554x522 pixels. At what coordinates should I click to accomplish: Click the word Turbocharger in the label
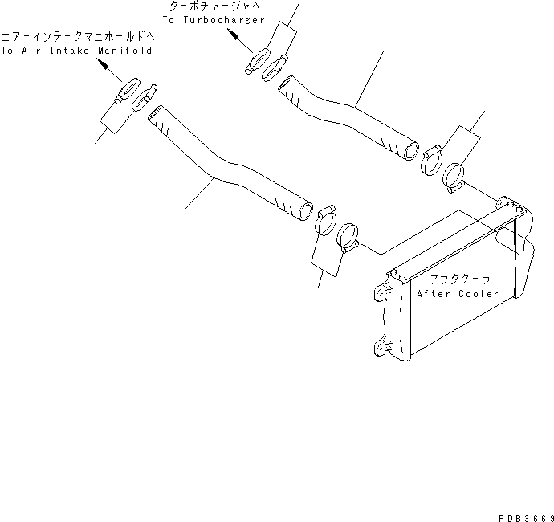tap(225, 20)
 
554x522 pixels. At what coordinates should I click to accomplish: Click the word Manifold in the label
tap(124, 50)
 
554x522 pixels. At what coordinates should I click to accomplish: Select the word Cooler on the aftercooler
tap(479, 294)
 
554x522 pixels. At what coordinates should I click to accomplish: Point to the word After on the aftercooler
tap(434, 294)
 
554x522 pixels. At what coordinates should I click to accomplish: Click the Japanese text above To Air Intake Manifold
tap(78, 37)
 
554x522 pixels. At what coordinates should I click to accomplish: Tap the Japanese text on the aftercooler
tap(464, 279)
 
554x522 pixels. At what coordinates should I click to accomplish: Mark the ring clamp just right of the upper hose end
tap(432, 159)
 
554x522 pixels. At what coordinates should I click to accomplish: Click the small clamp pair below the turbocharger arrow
tap(265, 63)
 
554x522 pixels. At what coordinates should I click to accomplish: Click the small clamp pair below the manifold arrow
tap(134, 93)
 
